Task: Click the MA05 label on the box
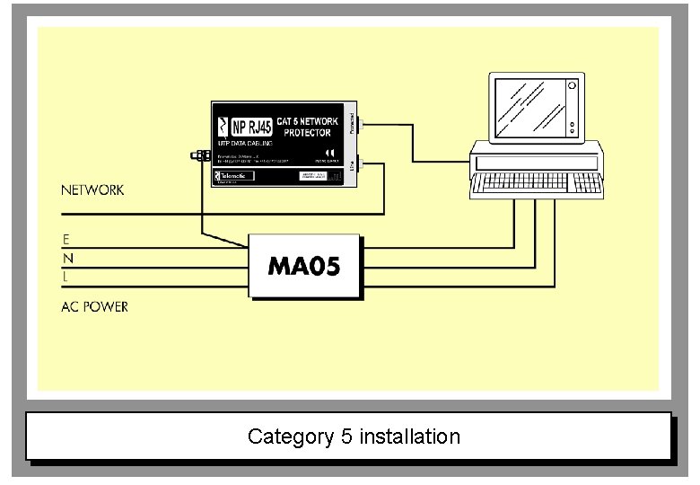pos(304,267)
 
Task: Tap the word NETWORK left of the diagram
pos(92,190)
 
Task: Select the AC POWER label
pos(94,307)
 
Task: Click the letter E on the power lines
pos(66,240)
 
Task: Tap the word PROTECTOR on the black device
pos(307,133)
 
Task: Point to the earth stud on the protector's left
pos(197,156)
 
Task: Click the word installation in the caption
pos(409,437)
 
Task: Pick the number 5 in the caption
pos(346,437)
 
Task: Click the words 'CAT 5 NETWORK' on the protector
pos(307,120)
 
